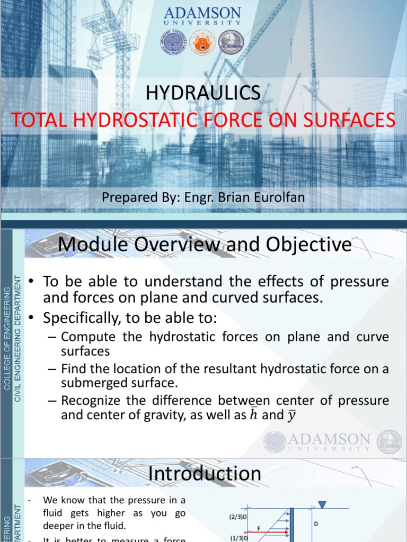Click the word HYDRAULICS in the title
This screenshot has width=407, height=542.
pos(203,93)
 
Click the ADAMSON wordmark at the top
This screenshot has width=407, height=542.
pos(203,13)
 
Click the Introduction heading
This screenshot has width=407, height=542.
pos(205,473)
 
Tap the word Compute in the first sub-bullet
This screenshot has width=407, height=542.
pos(85,337)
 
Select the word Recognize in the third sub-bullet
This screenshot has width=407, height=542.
pos(90,400)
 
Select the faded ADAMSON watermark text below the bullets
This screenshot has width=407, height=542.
pos(328,439)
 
